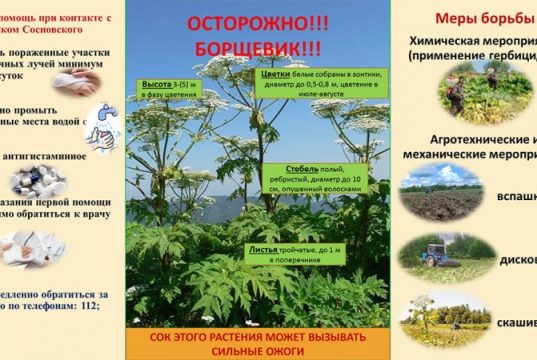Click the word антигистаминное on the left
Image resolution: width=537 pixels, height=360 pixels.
click(x=49, y=155)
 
